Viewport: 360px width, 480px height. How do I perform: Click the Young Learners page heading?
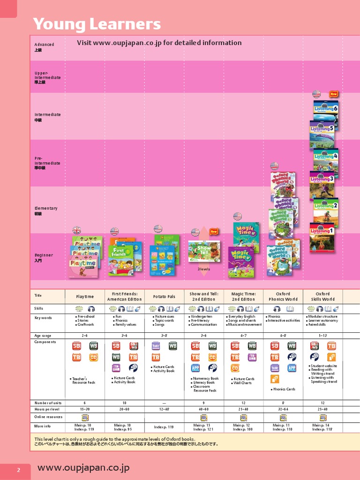click(x=97, y=24)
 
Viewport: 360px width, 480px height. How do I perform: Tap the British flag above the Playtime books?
click(x=76, y=230)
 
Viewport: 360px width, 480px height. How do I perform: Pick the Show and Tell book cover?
click(x=204, y=251)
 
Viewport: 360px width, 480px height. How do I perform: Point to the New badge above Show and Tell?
click(x=214, y=231)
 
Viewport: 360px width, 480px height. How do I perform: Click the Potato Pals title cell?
click(x=164, y=297)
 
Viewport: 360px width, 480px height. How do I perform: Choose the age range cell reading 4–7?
click(x=243, y=336)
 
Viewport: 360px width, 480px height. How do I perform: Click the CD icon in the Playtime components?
click(x=94, y=357)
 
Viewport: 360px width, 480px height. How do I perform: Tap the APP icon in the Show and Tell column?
click(x=195, y=368)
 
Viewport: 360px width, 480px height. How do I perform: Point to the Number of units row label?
click(x=48, y=403)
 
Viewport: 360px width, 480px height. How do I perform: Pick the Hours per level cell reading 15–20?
click(x=85, y=409)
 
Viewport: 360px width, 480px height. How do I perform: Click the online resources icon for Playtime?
click(x=85, y=417)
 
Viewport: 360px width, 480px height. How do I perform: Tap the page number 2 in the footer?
click(x=19, y=471)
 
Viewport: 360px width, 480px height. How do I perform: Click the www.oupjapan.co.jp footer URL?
click(x=83, y=468)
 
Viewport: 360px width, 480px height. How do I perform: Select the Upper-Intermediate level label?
click(x=47, y=77)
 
